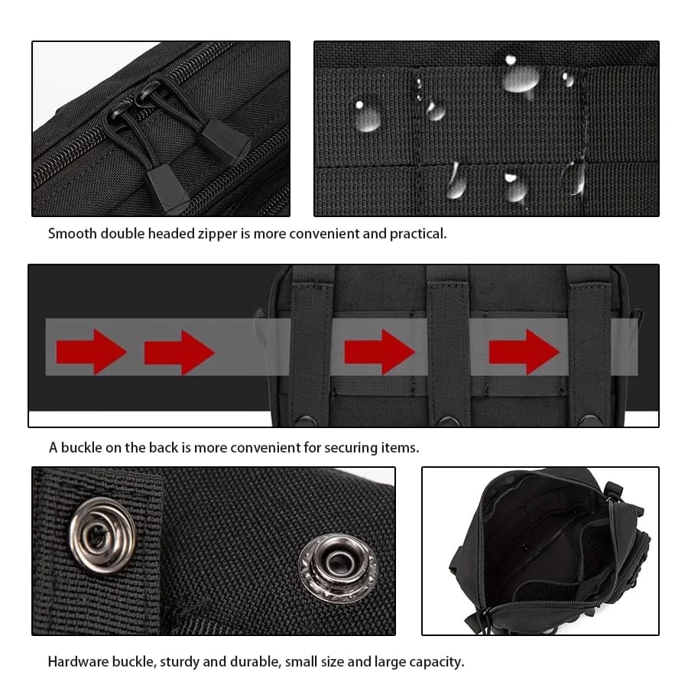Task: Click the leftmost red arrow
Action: pos(90,352)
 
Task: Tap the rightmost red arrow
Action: pos(524,352)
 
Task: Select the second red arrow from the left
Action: pos(179,352)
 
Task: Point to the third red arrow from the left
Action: pos(379,352)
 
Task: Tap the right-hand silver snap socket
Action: pos(337,567)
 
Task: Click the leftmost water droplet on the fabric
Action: pos(367,115)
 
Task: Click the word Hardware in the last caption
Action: pos(79,662)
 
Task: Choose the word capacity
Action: pos(436,662)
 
